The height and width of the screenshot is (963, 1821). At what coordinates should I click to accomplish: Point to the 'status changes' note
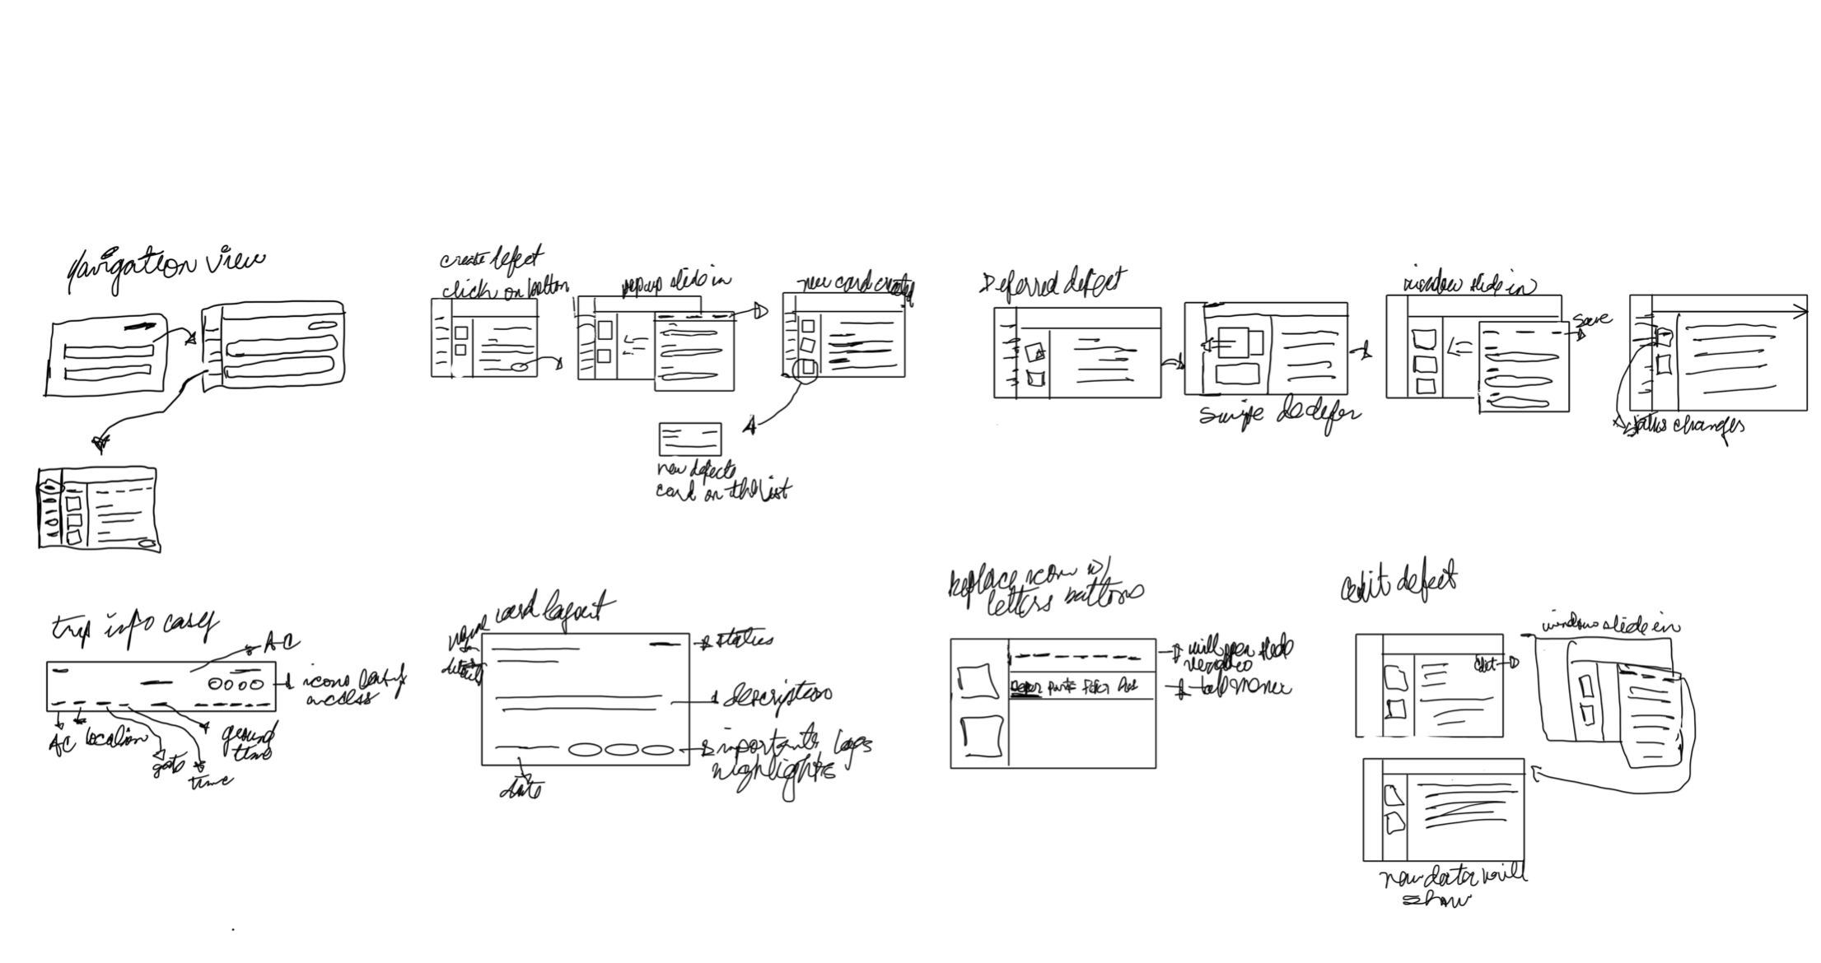pyautogui.click(x=1680, y=426)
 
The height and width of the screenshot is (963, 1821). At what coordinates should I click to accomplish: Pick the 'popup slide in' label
pyautogui.click(x=675, y=283)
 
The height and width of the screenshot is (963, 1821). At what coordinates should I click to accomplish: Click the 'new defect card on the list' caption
pyautogui.click(x=721, y=482)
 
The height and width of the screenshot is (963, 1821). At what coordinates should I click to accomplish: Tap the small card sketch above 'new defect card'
pyautogui.click(x=689, y=439)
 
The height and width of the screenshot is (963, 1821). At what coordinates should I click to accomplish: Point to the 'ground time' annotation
pyautogui.click(x=248, y=742)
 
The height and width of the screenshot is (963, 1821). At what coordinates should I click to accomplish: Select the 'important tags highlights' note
pyautogui.click(x=787, y=757)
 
